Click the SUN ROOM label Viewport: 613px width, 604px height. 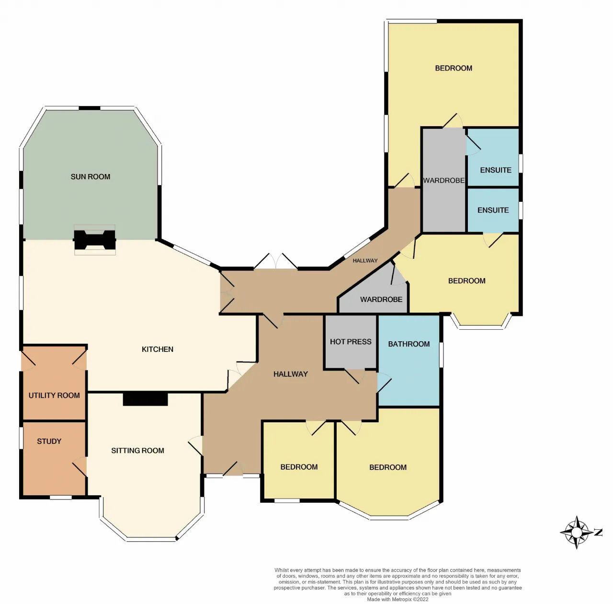[x=91, y=176]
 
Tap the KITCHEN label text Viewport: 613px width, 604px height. [x=158, y=349]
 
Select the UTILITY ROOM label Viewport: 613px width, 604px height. [x=54, y=395]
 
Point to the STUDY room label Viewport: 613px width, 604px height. [x=49, y=441]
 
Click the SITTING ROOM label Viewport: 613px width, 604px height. [x=138, y=451]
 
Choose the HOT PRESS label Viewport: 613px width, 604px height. [x=351, y=341]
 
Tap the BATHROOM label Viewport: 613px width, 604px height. [x=409, y=344]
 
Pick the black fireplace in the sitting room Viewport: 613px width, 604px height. [x=146, y=399]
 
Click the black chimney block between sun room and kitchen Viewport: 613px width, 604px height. [x=94, y=240]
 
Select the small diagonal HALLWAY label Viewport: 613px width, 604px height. [x=365, y=261]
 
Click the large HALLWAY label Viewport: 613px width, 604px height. [x=290, y=374]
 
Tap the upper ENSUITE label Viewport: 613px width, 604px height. [x=496, y=170]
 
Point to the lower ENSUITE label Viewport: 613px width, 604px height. [x=493, y=210]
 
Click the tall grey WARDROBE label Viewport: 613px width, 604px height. [x=444, y=180]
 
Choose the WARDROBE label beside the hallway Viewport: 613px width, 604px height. [x=381, y=300]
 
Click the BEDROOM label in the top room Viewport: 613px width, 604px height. [x=454, y=68]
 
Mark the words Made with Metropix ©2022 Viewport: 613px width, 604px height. [x=397, y=599]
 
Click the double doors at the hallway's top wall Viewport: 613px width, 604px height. [x=275, y=262]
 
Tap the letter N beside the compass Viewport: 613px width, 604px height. [x=598, y=532]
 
